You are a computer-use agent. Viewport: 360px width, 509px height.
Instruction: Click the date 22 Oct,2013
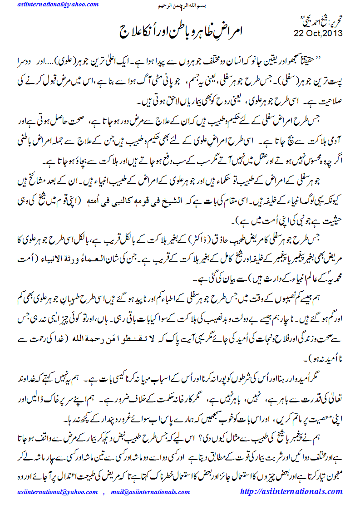(x=318, y=33)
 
